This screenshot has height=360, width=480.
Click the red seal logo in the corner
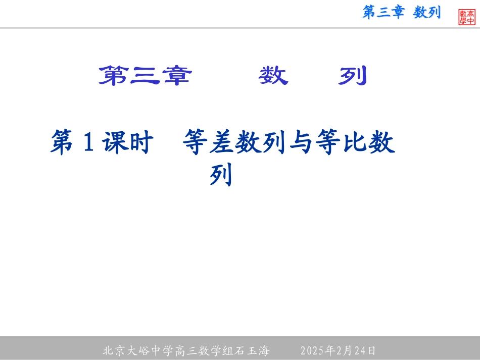tap(467, 17)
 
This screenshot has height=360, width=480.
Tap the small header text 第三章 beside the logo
tap(383, 13)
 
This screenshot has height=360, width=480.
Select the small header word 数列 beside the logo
tap(427, 13)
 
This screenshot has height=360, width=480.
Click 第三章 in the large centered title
tap(145, 76)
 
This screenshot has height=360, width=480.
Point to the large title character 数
tap(273, 76)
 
